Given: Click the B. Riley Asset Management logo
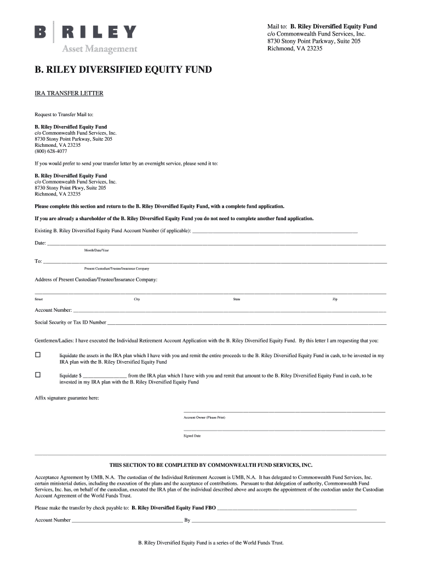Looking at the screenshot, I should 86,37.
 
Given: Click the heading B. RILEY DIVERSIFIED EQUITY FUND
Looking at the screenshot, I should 123,70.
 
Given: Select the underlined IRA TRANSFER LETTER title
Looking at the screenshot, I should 69,93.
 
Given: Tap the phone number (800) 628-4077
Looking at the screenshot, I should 48,151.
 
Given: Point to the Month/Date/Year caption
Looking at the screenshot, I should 96,250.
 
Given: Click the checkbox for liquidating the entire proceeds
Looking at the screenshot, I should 38,355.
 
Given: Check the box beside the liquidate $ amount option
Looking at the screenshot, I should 38,375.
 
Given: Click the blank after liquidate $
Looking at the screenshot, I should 105,376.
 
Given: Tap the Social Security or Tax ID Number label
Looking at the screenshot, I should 71,322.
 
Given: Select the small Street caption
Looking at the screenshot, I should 39,299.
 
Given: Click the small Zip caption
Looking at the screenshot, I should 335,299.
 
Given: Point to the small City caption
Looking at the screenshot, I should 137,299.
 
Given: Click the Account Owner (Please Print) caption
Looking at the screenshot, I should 204,417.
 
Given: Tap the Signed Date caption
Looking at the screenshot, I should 192,436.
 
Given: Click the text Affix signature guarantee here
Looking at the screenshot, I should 67,398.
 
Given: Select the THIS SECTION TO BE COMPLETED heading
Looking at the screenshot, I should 211,465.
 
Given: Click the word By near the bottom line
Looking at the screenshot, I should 187,520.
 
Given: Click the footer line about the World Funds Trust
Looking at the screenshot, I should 211,543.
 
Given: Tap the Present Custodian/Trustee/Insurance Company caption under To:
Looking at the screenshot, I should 116,268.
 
